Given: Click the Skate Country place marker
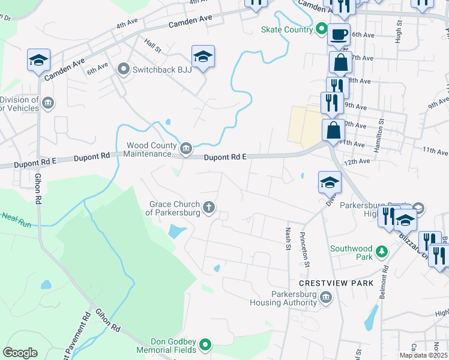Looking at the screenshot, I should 321,29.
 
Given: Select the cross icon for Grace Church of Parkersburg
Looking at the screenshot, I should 209,208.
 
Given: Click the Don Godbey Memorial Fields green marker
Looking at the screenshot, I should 205,344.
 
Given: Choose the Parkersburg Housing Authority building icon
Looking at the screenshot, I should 326,297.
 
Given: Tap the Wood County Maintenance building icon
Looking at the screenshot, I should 186,148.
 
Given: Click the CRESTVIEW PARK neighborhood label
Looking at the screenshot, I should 336,283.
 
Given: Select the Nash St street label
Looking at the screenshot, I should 287,235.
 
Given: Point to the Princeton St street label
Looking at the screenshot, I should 304,249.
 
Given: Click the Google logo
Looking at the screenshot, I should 20,353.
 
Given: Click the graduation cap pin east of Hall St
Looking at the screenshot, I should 203,57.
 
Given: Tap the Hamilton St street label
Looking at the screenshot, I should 378,136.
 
